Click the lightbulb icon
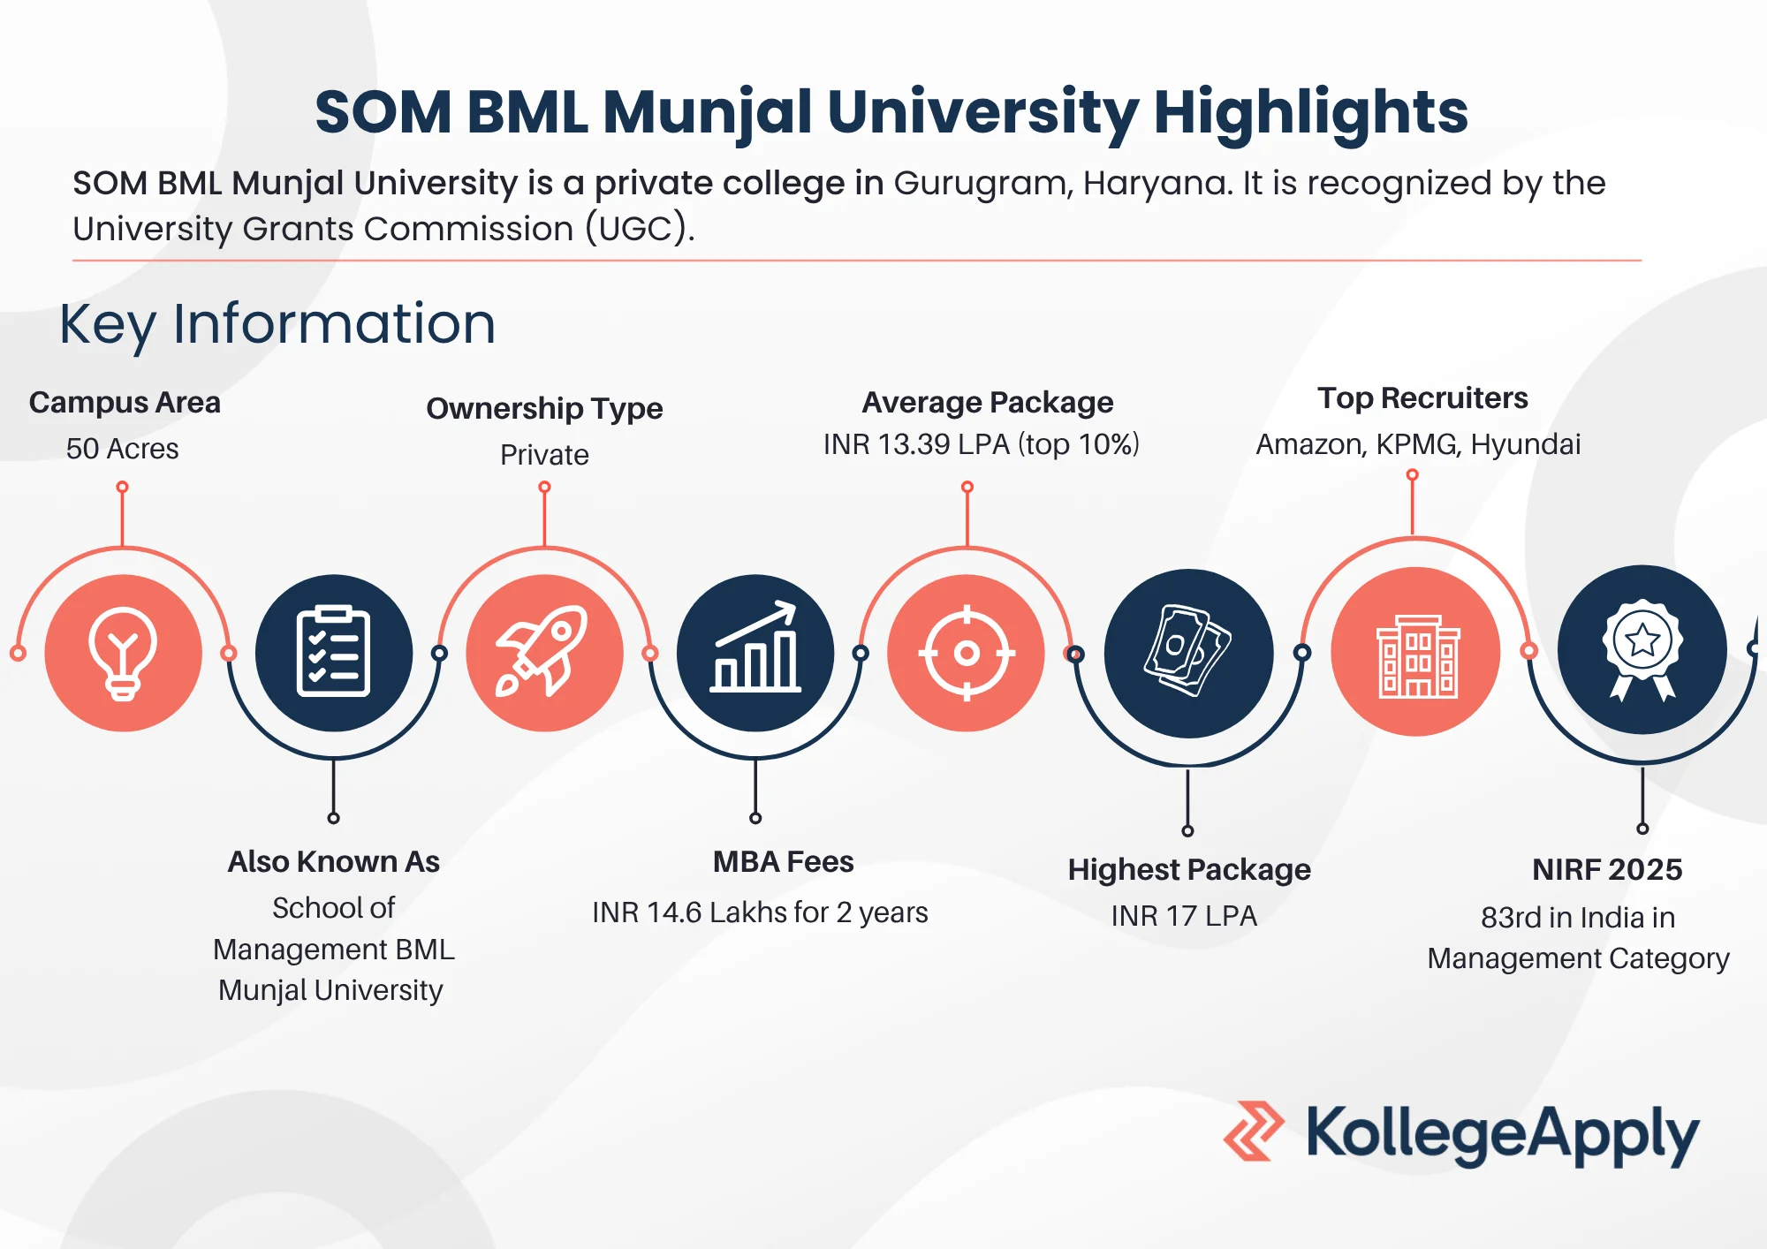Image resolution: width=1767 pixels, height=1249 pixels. click(x=123, y=654)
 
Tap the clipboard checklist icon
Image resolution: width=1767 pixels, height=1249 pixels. click(x=333, y=652)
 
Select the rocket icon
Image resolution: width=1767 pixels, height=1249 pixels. click(x=542, y=652)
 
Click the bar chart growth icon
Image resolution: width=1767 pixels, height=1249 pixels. click(x=756, y=647)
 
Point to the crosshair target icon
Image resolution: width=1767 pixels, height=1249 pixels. click(x=967, y=653)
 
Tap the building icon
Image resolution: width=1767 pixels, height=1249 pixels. click(x=1417, y=656)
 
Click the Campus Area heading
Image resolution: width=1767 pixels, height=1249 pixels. click(x=125, y=403)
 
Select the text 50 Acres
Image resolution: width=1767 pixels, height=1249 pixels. click(x=123, y=449)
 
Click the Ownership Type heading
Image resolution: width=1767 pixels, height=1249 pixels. click(x=544, y=409)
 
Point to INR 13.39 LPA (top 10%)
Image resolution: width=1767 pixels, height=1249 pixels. click(x=982, y=444)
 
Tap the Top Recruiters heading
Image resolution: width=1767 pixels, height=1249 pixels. click(x=1422, y=398)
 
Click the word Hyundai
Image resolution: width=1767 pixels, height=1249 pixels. click(x=1526, y=444)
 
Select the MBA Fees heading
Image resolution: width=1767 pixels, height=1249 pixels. click(x=784, y=861)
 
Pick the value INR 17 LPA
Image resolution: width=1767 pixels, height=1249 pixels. click(x=1184, y=916)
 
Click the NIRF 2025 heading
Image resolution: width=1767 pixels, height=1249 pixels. click(x=1607, y=870)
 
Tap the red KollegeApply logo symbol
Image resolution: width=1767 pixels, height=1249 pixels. click(x=1254, y=1131)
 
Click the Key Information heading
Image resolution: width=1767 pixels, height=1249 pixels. click(x=277, y=324)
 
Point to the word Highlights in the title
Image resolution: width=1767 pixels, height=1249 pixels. click(x=1311, y=114)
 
